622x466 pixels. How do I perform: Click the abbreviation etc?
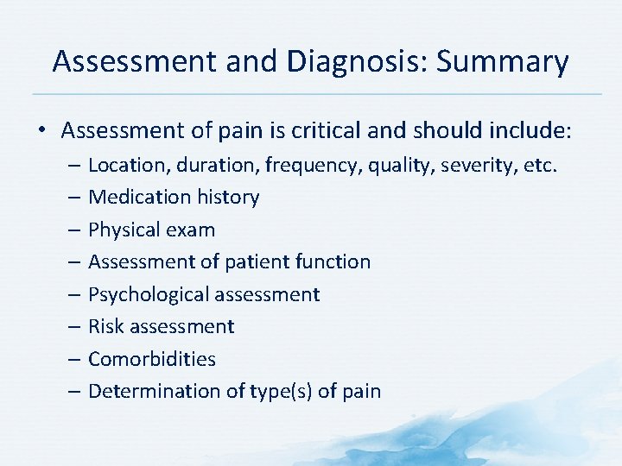click(539, 164)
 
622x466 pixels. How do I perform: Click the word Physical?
click(124, 230)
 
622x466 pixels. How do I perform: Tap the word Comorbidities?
click(152, 359)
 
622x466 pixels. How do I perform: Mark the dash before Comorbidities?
click(75, 359)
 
